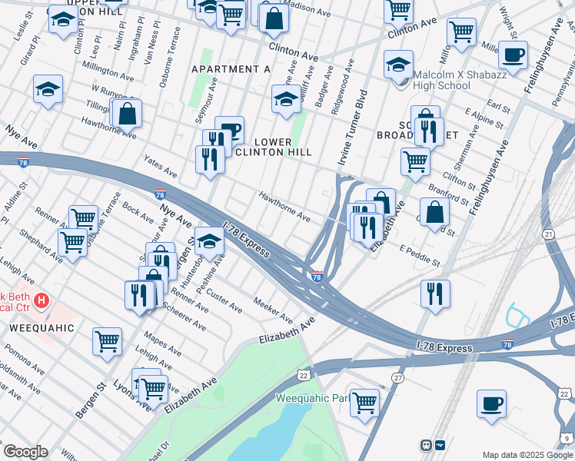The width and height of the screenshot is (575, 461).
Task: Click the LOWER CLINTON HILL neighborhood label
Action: tap(273, 147)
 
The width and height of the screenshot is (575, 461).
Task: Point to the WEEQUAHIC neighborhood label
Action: tap(42, 327)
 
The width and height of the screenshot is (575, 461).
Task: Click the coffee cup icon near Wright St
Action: tap(513, 55)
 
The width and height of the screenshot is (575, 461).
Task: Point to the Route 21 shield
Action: tap(547, 234)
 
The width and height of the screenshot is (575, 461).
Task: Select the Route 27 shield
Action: tap(397, 378)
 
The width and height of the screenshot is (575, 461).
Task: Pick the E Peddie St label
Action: tap(420, 257)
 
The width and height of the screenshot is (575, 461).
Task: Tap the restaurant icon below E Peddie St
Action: tap(435, 293)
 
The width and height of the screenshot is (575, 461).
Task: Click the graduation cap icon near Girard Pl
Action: tap(48, 90)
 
